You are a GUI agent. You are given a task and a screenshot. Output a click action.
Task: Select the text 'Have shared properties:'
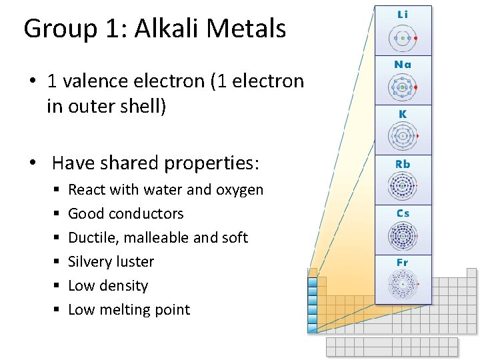(155, 163)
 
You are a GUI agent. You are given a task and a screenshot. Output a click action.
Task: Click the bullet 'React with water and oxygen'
(165, 190)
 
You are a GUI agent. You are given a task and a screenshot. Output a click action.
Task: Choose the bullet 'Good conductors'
(125, 214)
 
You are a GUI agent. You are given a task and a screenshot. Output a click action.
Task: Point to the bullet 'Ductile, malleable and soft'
(158, 238)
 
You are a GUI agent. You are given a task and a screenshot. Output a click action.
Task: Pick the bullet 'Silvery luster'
(111, 262)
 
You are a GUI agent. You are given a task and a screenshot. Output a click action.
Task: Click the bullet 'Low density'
(108, 286)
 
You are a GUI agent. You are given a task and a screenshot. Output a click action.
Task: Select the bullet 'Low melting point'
(129, 310)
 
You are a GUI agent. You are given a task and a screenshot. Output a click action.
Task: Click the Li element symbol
(403, 14)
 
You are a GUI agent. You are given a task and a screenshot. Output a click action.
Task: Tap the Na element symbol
(403, 65)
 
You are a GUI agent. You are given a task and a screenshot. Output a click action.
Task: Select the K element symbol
(403, 114)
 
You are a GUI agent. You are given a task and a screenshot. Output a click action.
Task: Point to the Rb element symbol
(403, 164)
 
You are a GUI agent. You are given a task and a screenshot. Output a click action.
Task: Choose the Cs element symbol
(403, 213)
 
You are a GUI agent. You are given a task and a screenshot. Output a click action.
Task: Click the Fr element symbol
(403, 263)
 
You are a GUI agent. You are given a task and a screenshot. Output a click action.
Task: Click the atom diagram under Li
(403, 38)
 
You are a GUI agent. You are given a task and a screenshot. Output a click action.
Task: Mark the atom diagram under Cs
(403, 237)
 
